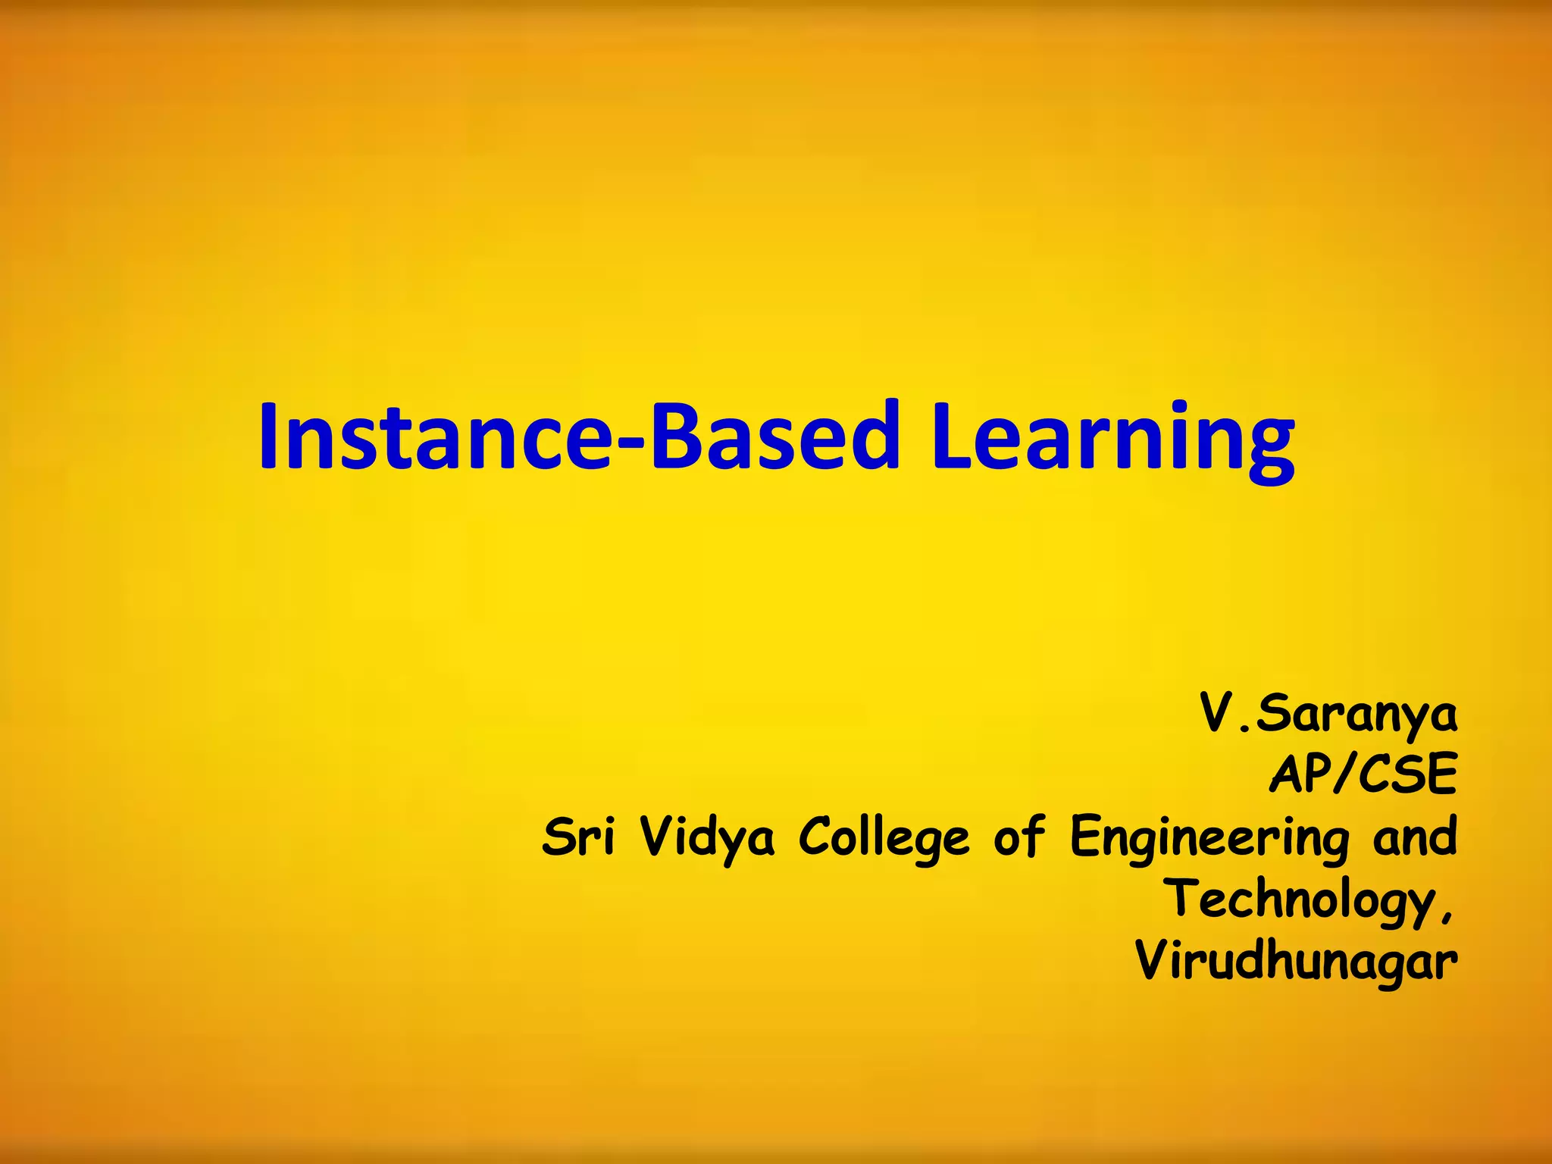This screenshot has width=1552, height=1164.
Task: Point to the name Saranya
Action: pos(1356,716)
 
